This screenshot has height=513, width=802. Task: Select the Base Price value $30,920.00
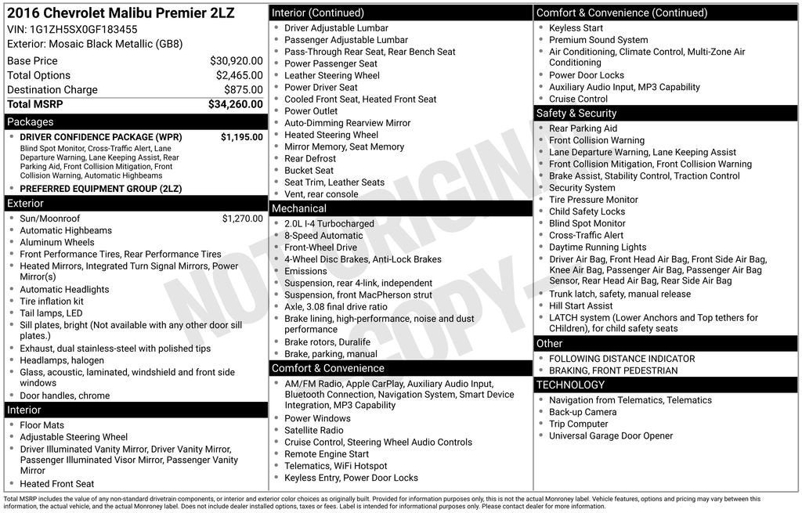(236, 61)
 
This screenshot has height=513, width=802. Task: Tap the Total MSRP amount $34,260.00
(235, 104)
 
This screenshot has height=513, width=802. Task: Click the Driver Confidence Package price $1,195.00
(241, 137)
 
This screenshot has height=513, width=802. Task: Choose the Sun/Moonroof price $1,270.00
(242, 219)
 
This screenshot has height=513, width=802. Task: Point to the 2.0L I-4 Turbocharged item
(329, 224)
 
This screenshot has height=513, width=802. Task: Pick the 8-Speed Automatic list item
(323, 236)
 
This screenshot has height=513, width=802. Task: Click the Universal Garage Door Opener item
(611, 436)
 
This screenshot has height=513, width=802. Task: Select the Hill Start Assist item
(580, 306)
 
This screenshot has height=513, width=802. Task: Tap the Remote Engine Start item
(327, 454)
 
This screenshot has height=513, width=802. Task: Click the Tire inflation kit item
(52, 302)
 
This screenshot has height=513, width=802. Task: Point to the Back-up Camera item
(583, 412)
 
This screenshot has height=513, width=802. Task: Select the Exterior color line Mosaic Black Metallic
(95, 44)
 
